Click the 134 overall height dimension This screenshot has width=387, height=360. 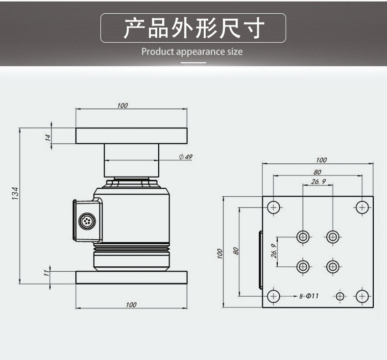coord(15,193)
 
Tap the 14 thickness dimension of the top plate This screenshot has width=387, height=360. coord(48,137)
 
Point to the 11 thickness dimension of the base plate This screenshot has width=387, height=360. coord(48,272)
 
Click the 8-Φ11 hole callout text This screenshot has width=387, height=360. coord(309,296)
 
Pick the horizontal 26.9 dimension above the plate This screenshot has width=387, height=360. coord(318,181)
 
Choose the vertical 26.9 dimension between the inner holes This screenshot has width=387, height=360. coord(274,252)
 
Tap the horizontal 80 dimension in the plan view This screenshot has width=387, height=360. coord(318,172)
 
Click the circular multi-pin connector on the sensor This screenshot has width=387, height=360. coord(87,221)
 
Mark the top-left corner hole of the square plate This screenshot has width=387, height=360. coord(274,208)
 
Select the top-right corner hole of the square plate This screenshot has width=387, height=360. coord(362,208)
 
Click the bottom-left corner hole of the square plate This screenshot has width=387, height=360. coord(274,296)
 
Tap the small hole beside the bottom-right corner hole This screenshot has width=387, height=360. coord(340,296)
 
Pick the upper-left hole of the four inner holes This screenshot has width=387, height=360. coord(303,237)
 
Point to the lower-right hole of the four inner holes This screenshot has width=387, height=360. coord(333,267)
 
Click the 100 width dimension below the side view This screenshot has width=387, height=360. coord(131,305)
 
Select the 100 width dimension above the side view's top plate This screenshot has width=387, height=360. coord(122,105)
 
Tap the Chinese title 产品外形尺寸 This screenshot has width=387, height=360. coord(193,28)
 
